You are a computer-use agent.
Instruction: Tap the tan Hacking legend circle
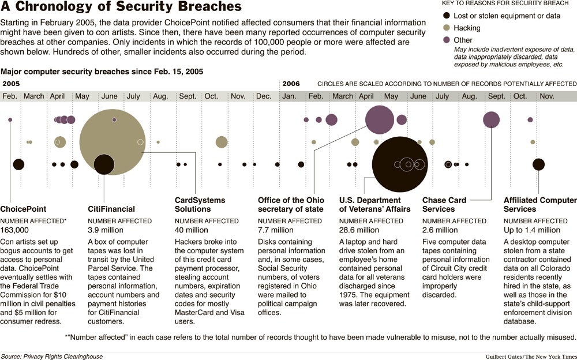pyautogui.click(x=447, y=27)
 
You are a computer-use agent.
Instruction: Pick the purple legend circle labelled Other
pyautogui.click(x=447, y=40)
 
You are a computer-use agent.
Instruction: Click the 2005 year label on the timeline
pyautogui.click(x=11, y=84)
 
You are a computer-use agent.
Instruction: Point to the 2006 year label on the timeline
pyautogui.click(x=291, y=84)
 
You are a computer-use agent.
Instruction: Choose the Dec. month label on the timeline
pyautogui.click(x=264, y=96)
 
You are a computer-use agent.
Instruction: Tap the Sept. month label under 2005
pyautogui.click(x=188, y=96)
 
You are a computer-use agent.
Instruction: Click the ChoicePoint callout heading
pyautogui.click(x=23, y=209)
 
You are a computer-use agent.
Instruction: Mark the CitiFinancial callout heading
pyautogui.click(x=111, y=209)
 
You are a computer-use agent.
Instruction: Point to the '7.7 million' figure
pyautogui.click(x=276, y=230)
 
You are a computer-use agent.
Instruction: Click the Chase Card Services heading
pyautogui.click(x=445, y=204)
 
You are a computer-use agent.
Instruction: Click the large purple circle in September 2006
pyautogui.click(x=491, y=119)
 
